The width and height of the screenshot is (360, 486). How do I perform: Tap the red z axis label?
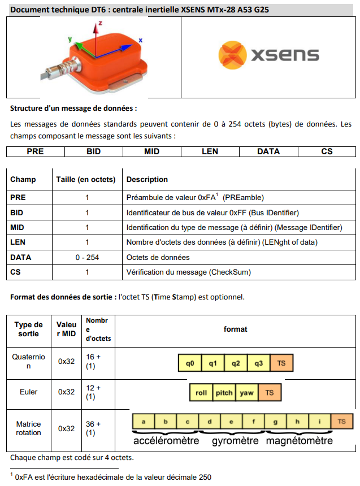click(x=100, y=24)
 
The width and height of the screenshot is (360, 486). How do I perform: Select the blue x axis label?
click(x=141, y=40)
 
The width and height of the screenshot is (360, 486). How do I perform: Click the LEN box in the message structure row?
click(x=210, y=151)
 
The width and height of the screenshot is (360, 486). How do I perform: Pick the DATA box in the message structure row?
click(x=268, y=151)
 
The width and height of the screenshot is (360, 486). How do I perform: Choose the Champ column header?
click(x=23, y=180)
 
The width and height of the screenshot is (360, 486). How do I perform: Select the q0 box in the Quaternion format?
click(x=190, y=363)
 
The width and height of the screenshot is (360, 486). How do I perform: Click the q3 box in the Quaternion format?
click(x=259, y=363)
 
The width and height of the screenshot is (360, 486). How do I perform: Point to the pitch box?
click(x=224, y=392)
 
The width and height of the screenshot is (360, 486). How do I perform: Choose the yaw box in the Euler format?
click(x=247, y=392)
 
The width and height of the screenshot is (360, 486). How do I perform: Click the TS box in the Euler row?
click(x=270, y=392)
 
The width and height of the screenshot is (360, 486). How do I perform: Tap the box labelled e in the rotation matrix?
click(x=231, y=422)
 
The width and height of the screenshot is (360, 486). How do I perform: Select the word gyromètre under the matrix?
click(x=235, y=440)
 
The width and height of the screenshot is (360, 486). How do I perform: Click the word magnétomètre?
click(x=300, y=440)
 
